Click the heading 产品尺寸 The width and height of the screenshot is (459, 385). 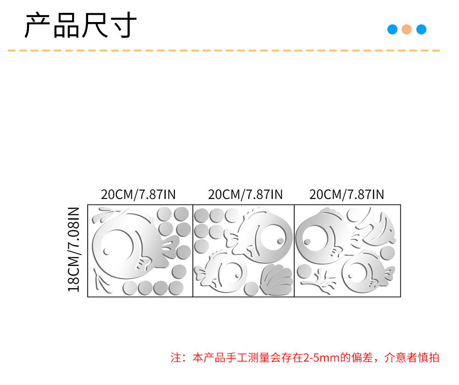(80, 26)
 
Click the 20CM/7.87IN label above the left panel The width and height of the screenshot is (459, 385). (138, 194)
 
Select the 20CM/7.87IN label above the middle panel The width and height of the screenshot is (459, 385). (245, 194)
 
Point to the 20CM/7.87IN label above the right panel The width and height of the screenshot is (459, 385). (347, 194)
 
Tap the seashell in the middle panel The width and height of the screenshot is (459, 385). (276, 279)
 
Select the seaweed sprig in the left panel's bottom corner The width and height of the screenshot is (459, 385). (101, 281)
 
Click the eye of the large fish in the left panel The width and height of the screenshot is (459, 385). (107, 251)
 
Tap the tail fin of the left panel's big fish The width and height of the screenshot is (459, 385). (170, 249)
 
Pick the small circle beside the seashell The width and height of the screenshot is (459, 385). (251, 289)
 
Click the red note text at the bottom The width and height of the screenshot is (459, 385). (305, 357)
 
